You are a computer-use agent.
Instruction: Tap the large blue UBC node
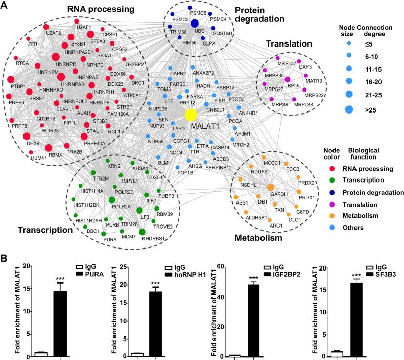(194, 24)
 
